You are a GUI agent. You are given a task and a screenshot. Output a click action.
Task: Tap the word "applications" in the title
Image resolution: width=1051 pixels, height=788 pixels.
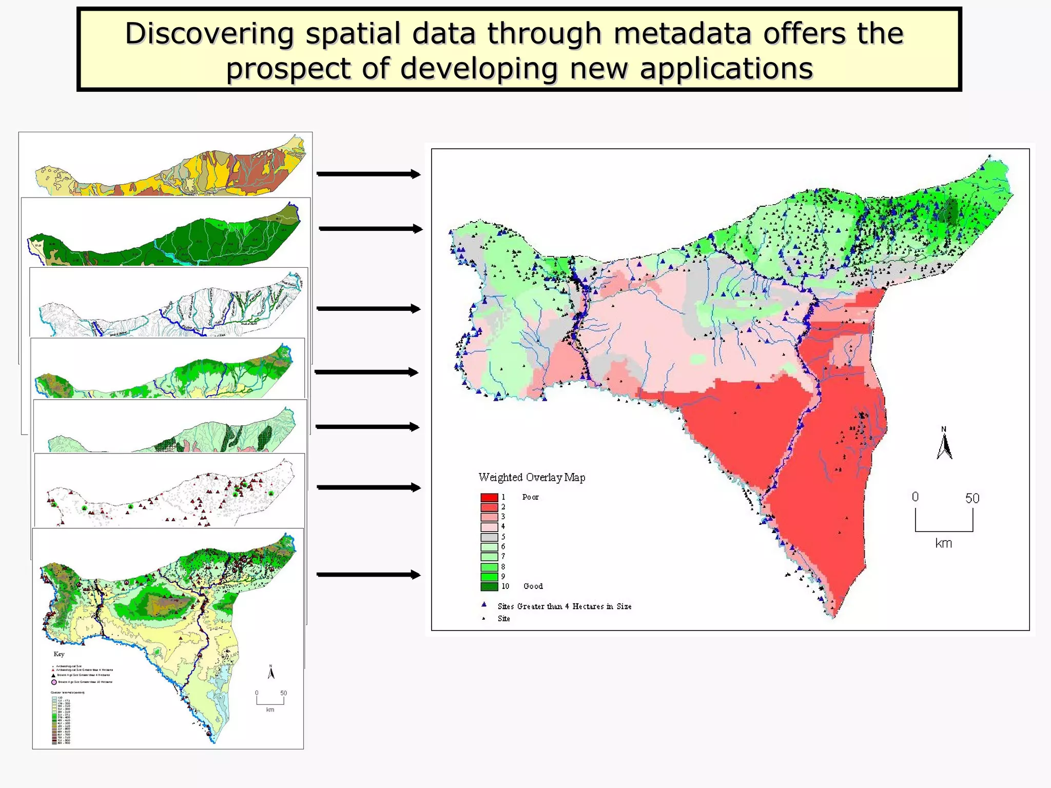[726, 68]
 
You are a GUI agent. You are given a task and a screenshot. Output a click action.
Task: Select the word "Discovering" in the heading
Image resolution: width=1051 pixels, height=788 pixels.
[209, 33]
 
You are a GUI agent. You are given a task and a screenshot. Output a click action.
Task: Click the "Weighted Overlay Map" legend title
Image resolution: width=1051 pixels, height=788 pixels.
[532, 477]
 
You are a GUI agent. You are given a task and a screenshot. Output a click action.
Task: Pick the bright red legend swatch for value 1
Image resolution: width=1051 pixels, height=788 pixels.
[489, 497]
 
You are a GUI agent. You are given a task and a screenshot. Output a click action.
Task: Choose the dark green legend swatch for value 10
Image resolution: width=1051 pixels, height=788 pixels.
[489, 586]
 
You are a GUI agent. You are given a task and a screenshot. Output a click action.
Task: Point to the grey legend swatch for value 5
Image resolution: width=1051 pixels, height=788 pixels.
[489, 537]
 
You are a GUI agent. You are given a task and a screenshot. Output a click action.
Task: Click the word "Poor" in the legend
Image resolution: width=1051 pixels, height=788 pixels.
[530, 497]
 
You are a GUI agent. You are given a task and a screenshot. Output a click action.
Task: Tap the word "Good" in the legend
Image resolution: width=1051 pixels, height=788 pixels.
[533, 586]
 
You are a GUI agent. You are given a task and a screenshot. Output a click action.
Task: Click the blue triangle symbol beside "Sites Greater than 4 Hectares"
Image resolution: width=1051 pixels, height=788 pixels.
[483, 605]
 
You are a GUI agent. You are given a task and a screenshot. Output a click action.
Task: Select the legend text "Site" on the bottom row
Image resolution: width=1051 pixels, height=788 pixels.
[503, 619]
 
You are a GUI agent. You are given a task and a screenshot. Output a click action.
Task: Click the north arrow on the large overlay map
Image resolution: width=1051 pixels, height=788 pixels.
[944, 444]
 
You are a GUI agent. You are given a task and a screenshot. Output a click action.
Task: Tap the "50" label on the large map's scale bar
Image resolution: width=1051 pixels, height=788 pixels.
[972, 498]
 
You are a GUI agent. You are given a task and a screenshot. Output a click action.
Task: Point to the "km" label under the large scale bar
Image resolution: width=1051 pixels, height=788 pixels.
[943, 543]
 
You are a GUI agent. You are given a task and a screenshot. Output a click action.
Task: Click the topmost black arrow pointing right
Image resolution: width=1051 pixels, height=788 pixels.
[368, 174]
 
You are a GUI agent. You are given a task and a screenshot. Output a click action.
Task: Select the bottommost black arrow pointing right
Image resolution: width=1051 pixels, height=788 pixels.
[368, 575]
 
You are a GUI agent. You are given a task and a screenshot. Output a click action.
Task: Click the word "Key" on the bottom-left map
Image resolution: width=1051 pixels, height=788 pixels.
[59, 654]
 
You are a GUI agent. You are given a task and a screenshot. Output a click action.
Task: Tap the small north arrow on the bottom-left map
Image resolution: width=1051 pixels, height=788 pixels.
[271, 672]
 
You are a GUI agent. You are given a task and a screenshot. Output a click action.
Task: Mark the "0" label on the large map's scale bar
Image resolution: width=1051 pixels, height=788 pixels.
[915, 497]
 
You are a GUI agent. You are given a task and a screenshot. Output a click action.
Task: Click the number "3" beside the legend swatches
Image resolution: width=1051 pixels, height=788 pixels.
[503, 517]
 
